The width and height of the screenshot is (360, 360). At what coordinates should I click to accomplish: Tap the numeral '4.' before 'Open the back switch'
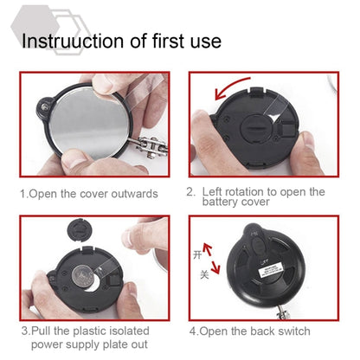pyautogui.click(x=193, y=331)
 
